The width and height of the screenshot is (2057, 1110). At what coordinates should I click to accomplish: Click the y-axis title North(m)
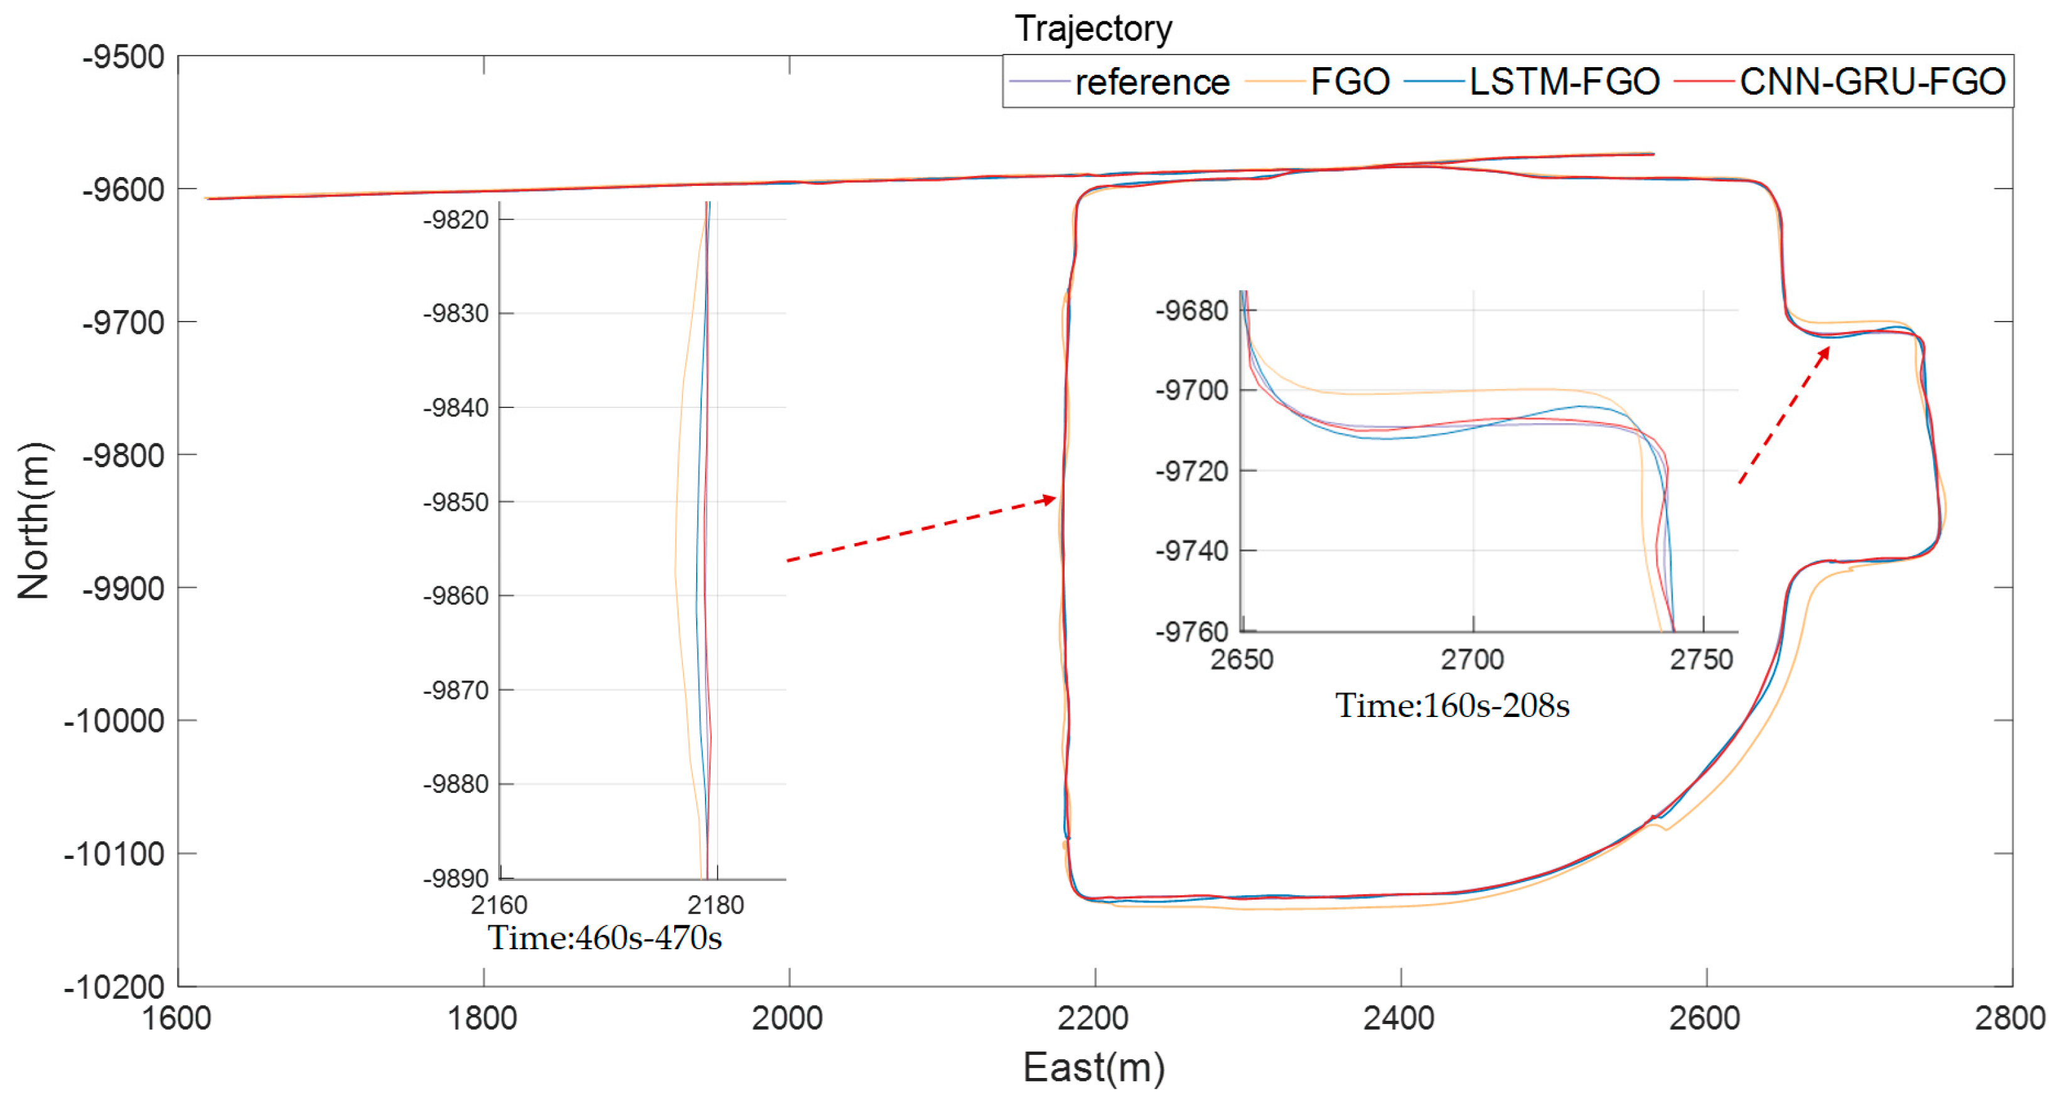(33, 520)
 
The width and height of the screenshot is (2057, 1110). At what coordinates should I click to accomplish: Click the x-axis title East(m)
(1093, 1068)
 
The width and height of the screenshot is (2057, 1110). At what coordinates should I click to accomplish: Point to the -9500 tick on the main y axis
(124, 58)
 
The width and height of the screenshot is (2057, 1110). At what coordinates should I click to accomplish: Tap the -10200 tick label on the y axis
(114, 987)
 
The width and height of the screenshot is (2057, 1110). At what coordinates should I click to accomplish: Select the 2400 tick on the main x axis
(1399, 1018)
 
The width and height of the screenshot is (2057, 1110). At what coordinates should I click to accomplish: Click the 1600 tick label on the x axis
(176, 1018)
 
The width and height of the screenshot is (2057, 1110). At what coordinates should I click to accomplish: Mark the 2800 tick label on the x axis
(2009, 1018)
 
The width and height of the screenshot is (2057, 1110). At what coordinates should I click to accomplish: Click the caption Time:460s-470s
(604, 937)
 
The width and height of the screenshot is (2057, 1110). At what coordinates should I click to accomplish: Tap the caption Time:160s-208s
(1452, 706)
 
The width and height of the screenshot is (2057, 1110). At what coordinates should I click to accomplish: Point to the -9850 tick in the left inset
(455, 502)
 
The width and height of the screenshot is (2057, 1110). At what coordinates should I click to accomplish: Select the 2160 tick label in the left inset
(499, 905)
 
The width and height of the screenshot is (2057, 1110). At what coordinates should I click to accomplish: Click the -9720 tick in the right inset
(1191, 471)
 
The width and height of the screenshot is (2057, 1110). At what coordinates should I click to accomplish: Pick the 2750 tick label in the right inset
(1701, 660)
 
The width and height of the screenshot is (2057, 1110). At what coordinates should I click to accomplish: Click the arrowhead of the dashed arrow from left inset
(1048, 499)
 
